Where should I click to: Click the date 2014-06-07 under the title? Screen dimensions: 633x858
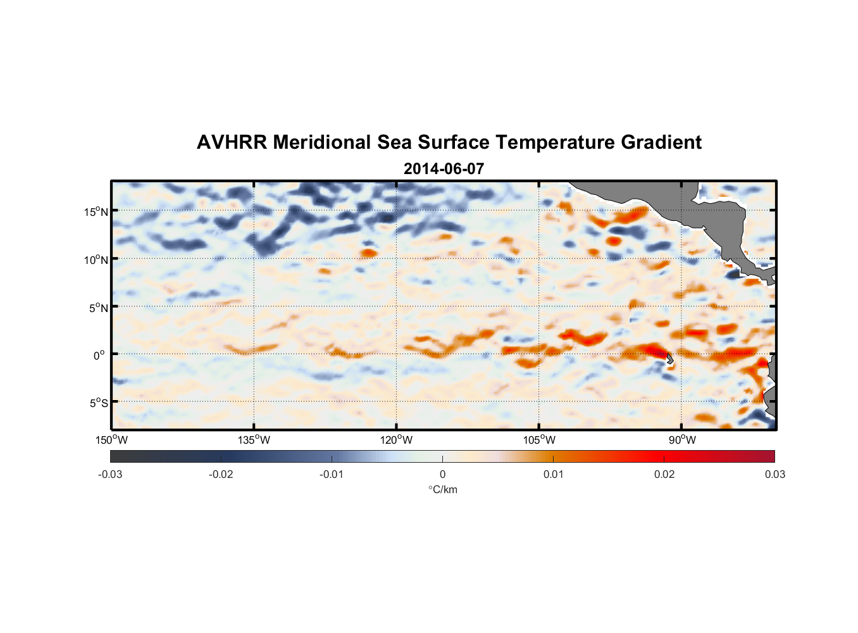click(x=444, y=169)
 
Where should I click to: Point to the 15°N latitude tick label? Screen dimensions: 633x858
click(x=96, y=211)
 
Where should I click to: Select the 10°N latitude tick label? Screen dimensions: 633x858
click(x=96, y=260)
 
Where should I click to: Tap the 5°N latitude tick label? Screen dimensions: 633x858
click(x=98, y=308)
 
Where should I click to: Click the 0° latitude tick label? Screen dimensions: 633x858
click(x=99, y=355)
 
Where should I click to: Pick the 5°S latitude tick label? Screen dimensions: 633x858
click(x=98, y=403)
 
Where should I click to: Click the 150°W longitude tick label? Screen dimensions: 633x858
click(x=112, y=440)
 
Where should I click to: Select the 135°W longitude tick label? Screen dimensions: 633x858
click(x=254, y=440)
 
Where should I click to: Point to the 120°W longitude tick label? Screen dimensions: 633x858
click(x=397, y=440)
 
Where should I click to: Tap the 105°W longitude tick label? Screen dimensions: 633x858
click(x=539, y=440)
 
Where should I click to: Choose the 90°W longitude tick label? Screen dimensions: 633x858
click(x=682, y=440)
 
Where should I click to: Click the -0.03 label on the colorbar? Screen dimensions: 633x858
click(x=110, y=474)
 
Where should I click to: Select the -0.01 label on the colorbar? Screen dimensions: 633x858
click(x=332, y=474)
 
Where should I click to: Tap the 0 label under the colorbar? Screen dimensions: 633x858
click(x=442, y=474)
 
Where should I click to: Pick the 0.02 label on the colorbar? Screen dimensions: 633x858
click(x=664, y=474)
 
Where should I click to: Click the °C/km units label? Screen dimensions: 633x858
click(x=442, y=489)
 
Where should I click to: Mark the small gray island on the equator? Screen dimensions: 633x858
click(x=669, y=359)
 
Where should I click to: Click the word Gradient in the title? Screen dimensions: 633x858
click(x=661, y=142)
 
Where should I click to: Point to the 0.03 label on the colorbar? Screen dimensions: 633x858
click(x=774, y=474)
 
